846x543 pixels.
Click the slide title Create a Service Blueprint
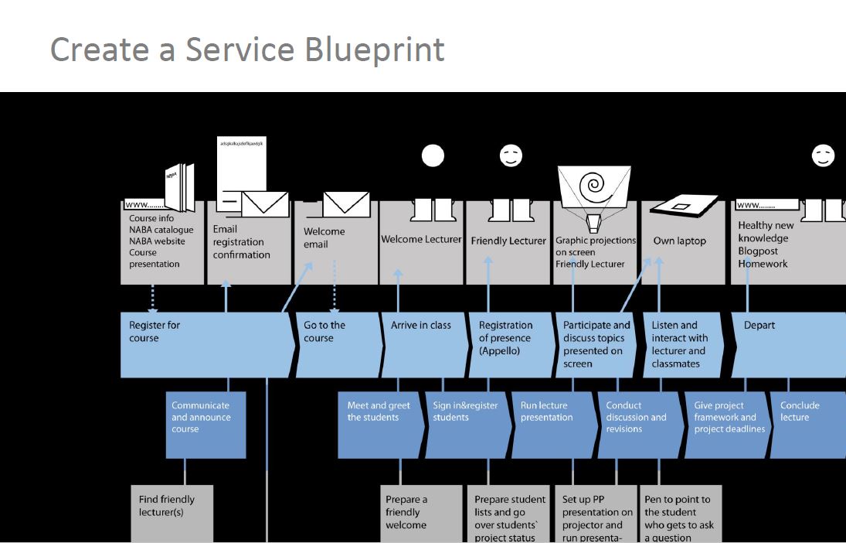pyautogui.click(x=247, y=50)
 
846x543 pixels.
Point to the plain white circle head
pyautogui.click(x=433, y=156)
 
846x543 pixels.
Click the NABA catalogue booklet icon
pyautogui.click(x=179, y=186)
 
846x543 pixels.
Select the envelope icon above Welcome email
pyautogui.click(x=345, y=204)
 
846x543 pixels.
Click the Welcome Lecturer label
pyautogui.click(x=421, y=240)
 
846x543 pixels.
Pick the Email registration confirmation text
pyautogui.click(x=242, y=242)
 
